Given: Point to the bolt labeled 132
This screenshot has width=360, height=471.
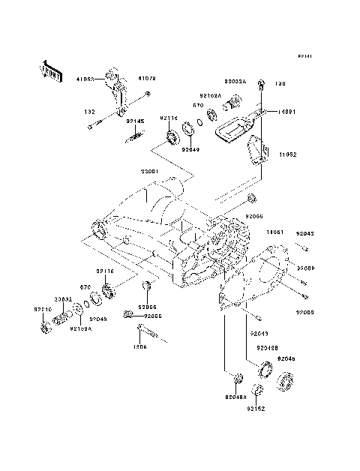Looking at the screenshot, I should coord(91,126).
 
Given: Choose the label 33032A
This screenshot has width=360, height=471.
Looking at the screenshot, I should coord(234,79).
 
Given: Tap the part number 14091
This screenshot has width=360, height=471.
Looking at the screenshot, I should coord(286,112).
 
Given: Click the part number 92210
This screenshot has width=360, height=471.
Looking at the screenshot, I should coord(43,309).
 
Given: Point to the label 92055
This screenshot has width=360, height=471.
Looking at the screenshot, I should coord(153,316).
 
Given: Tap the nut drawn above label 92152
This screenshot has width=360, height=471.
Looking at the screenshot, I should coord(257,390).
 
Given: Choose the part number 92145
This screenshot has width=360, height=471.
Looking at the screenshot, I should coord(135,121).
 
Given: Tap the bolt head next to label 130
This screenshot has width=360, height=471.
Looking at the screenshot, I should coord(260,85).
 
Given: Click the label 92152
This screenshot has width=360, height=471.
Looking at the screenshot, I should coord(257,410).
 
